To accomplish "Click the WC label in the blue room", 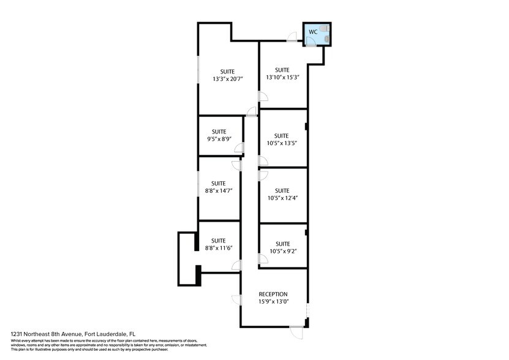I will point(312,31).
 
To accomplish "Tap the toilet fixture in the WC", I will point(326,39).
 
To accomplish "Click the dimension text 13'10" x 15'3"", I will point(282,77).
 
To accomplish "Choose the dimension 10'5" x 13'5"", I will point(281,144).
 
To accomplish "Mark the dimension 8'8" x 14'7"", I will point(219,191).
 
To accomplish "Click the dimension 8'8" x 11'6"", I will point(219,248).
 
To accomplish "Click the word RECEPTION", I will point(273,294).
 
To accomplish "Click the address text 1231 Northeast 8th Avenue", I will point(58,334).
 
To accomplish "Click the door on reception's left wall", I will point(235,300).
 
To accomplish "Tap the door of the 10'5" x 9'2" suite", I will point(263,259).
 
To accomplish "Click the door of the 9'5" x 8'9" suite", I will point(238,148).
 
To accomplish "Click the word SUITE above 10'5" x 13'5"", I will point(281,136).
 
